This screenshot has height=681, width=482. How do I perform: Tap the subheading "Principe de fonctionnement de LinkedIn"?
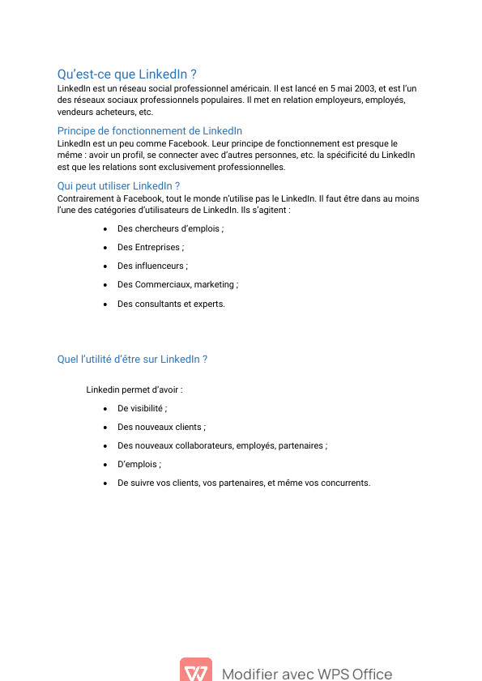[149, 130]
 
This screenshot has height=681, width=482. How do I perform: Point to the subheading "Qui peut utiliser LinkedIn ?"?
[118, 185]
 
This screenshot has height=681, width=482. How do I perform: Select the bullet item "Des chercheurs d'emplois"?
[170, 228]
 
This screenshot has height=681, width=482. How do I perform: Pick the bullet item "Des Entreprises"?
[150, 247]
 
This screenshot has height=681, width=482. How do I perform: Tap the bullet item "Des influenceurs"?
[151, 266]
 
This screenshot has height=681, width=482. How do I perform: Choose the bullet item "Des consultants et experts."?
[171, 304]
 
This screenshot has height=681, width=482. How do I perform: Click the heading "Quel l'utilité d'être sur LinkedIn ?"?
[132, 359]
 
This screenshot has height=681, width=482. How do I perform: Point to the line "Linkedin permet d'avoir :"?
[134, 389]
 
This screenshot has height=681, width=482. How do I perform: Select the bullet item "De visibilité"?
[141, 408]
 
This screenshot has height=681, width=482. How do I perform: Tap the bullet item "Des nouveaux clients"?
[160, 427]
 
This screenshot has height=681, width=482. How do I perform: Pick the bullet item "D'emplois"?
[139, 464]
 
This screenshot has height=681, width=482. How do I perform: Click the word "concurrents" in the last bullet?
[345, 483]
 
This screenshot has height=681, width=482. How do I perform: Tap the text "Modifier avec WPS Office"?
[306, 674]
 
